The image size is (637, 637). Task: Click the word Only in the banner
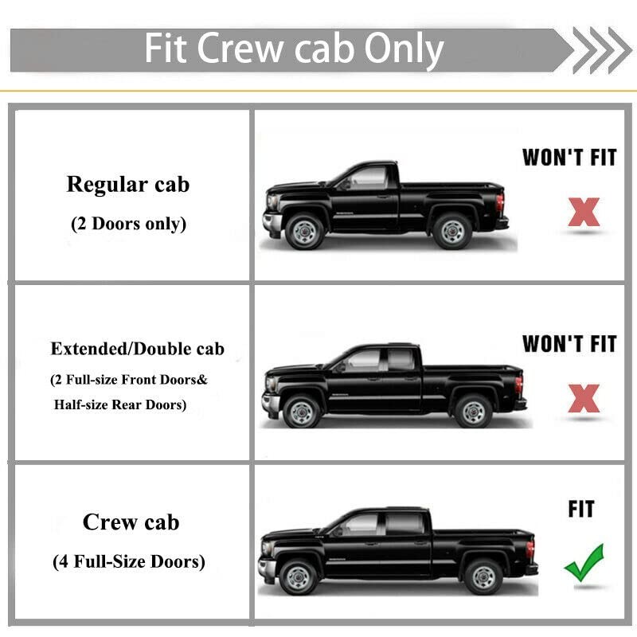(x=404, y=50)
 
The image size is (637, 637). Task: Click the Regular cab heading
(x=128, y=185)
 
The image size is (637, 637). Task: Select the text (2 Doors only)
(x=128, y=224)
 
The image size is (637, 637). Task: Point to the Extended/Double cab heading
(x=137, y=349)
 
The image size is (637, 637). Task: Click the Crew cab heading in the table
(x=131, y=522)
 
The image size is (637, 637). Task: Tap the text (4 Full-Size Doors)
(x=129, y=562)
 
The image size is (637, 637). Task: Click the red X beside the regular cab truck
(x=584, y=212)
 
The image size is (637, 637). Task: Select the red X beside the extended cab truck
(x=584, y=398)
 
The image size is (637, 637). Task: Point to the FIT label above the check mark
(x=581, y=509)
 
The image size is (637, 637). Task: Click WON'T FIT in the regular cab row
(x=569, y=158)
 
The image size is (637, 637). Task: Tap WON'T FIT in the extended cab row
(x=569, y=344)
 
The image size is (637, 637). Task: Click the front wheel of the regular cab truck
(x=305, y=232)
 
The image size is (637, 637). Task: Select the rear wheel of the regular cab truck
(x=452, y=232)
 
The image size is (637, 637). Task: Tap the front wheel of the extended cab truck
(x=301, y=411)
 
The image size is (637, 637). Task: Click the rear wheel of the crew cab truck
(x=483, y=576)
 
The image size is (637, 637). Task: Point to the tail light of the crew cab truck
(x=530, y=549)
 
